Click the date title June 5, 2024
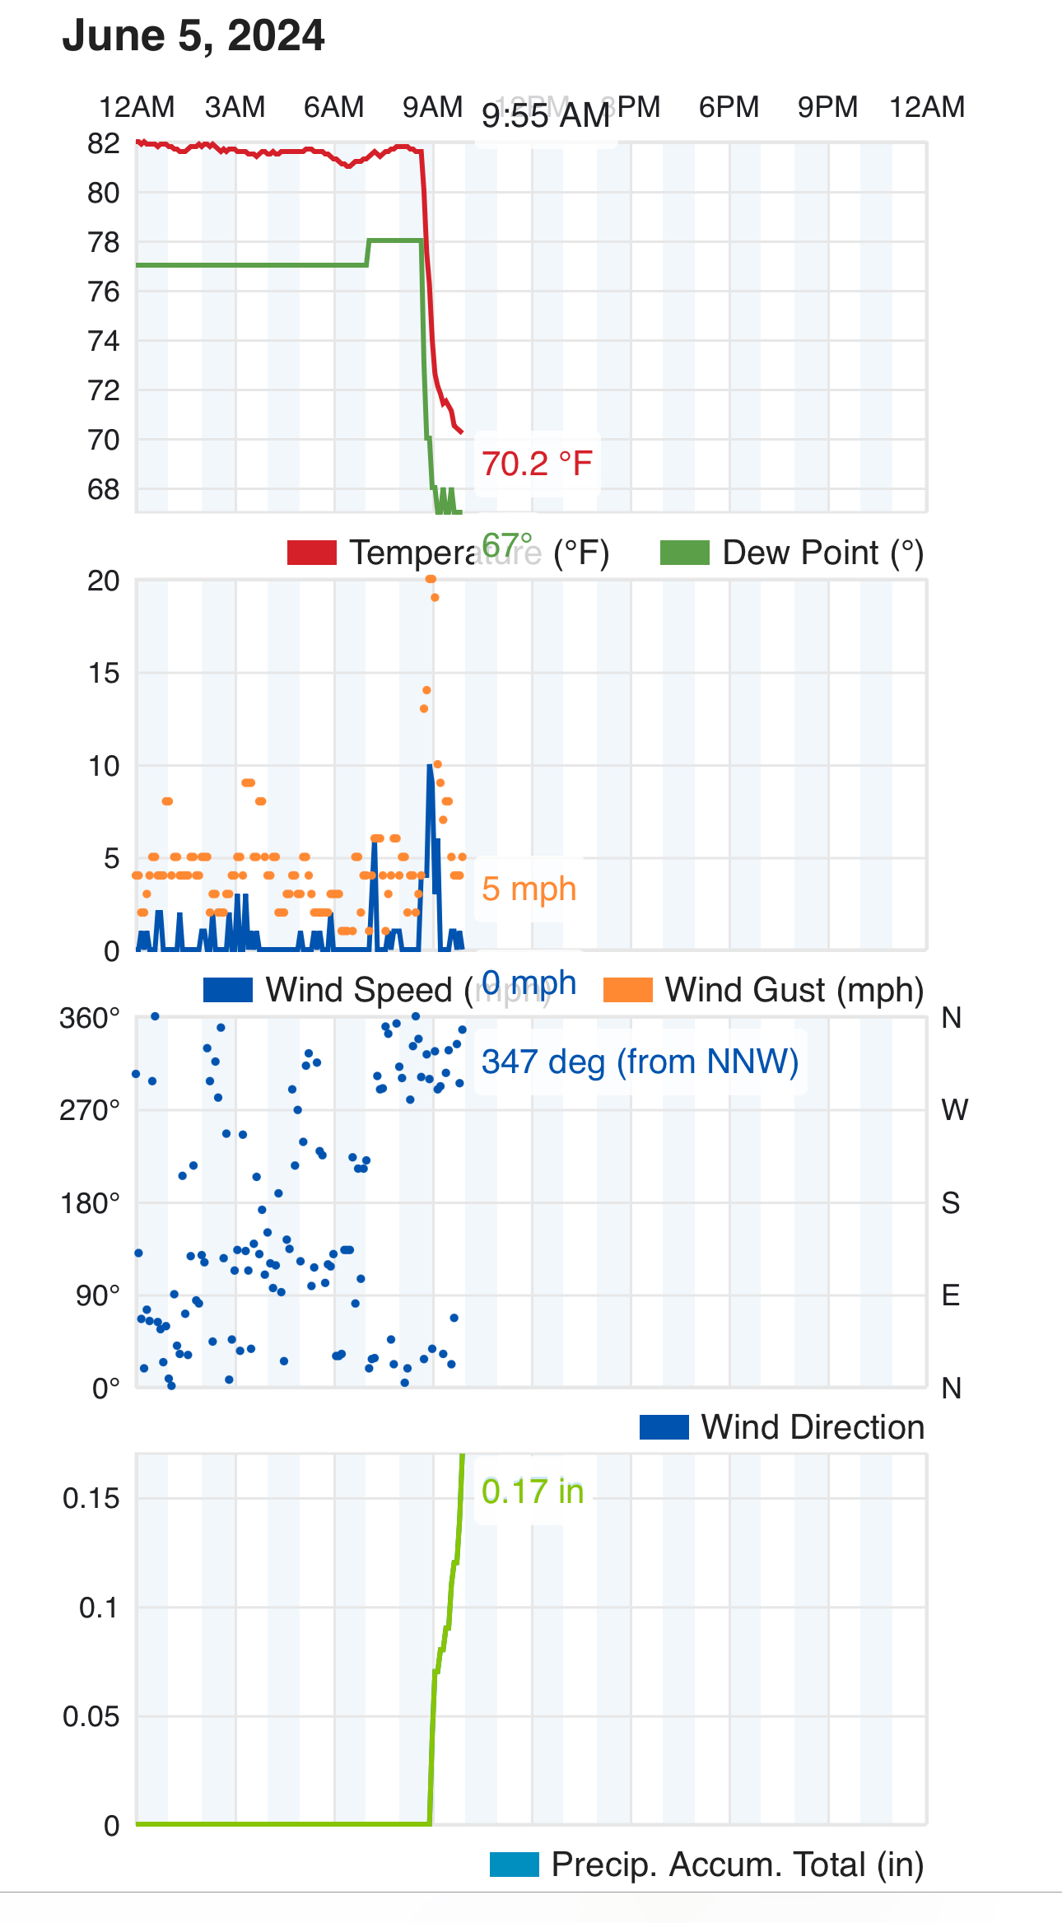pyautogui.click(x=193, y=36)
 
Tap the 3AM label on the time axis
pyautogui.click(x=235, y=107)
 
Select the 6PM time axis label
pyautogui.click(x=729, y=107)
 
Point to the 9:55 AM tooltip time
pyautogui.click(x=546, y=116)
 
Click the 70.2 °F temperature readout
pyautogui.click(x=537, y=464)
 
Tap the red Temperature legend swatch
pyautogui.click(x=311, y=553)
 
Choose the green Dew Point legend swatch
pyautogui.click(x=684, y=553)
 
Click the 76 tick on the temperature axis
pyautogui.click(x=104, y=292)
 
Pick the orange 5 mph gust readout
pyautogui.click(x=529, y=889)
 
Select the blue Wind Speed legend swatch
pyautogui.click(x=227, y=990)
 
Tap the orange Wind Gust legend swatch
pyautogui.click(x=627, y=990)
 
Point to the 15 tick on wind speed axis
pyautogui.click(x=104, y=674)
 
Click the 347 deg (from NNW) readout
pyautogui.click(x=640, y=1062)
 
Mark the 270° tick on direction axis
pyautogui.click(x=89, y=1111)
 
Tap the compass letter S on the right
pyautogui.click(x=951, y=1203)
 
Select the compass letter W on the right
pyautogui.click(x=954, y=1110)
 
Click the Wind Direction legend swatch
pyautogui.click(x=664, y=1427)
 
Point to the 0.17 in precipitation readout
pyautogui.click(x=533, y=1491)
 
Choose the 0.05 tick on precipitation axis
pyautogui.click(x=91, y=1717)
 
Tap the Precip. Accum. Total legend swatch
pyautogui.click(x=514, y=1865)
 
